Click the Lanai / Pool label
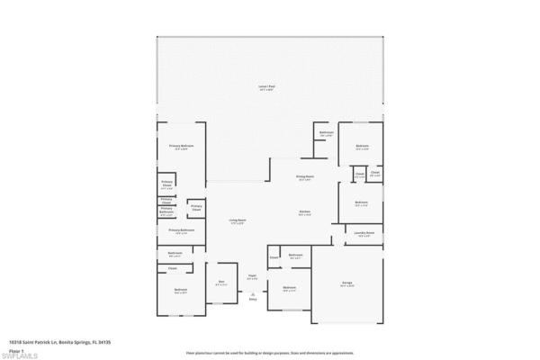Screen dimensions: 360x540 268,87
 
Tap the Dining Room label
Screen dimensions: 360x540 305,177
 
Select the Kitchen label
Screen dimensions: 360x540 305,212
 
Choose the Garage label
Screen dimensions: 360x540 346,283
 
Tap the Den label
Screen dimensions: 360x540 221,283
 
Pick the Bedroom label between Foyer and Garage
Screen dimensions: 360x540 289,288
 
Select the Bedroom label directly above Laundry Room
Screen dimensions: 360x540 361,202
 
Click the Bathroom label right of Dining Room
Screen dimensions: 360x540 326,134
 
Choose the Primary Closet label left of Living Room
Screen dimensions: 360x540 196,208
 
